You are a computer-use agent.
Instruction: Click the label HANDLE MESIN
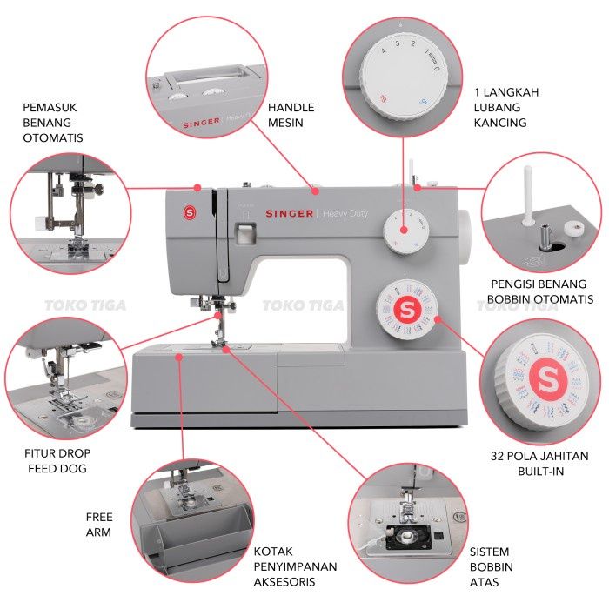coord(291,115)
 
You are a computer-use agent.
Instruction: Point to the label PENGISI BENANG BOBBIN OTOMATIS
coord(536,291)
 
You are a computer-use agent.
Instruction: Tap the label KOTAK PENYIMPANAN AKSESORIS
coord(295,566)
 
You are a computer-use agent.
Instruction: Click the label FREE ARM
coord(98,524)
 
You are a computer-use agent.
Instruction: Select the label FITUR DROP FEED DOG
coord(57,460)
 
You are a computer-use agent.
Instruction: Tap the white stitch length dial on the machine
coord(405,230)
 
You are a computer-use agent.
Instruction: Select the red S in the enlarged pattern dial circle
coord(547,378)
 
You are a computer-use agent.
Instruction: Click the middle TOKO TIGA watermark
coord(295,305)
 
